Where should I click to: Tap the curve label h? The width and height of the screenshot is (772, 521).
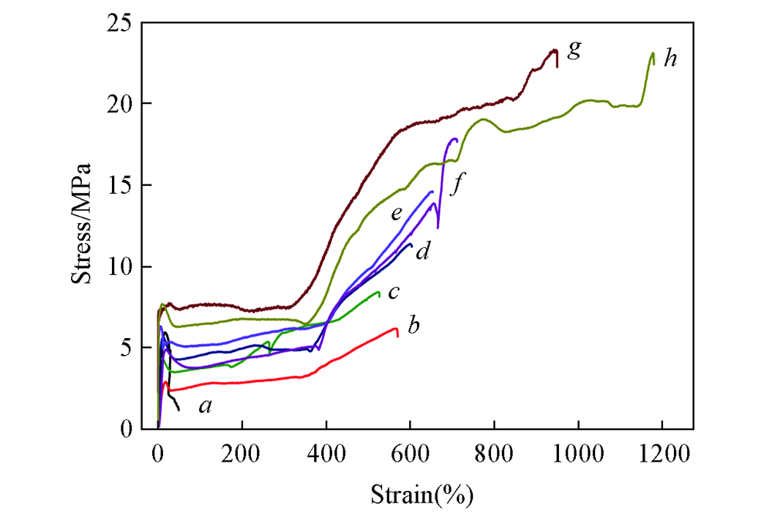click(x=670, y=58)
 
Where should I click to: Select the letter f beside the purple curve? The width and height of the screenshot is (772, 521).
click(x=459, y=185)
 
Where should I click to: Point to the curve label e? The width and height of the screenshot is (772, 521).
click(x=396, y=214)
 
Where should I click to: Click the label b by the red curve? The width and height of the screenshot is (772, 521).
click(x=413, y=326)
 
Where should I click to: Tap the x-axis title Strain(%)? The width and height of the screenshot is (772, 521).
click(x=422, y=493)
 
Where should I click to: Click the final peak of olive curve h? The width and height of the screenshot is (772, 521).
click(x=652, y=54)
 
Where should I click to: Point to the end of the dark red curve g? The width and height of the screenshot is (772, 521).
click(x=557, y=66)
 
